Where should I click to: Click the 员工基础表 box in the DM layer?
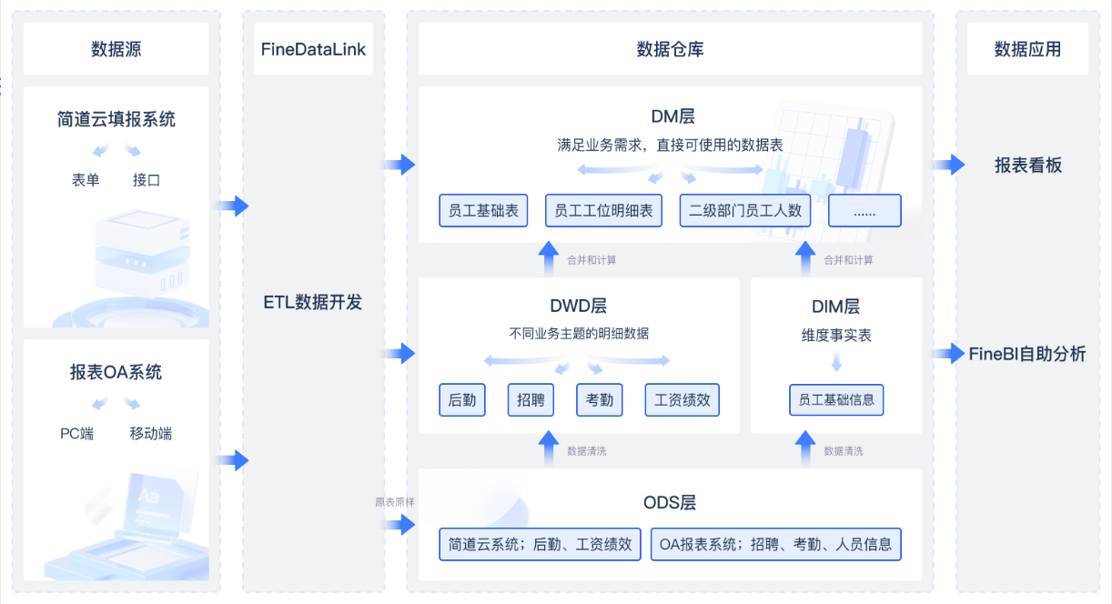click(483, 210)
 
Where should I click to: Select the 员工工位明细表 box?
click(604, 210)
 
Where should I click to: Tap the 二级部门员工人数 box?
click(745, 210)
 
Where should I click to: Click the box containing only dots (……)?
click(864, 210)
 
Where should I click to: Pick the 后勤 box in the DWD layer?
click(462, 399)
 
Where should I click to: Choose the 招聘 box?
click(531, 399)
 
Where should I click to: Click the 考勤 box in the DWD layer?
click(600, 399)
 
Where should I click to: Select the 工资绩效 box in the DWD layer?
click(682, 399)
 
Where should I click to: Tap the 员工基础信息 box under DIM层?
click(836, 399)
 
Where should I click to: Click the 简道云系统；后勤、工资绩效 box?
click(541, 544)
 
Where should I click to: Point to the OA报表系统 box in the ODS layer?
click(776, 544)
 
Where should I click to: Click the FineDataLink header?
click(313, 49)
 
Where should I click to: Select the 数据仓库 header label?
click(670, 49)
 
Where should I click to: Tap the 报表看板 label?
click(1028, 166)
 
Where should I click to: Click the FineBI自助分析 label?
click(1027, 354)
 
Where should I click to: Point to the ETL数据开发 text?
click(313, 302)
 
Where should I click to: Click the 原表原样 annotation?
click(394, 501)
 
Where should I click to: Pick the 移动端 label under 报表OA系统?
click(151, 433)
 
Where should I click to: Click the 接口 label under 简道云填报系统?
click(147, 179)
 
